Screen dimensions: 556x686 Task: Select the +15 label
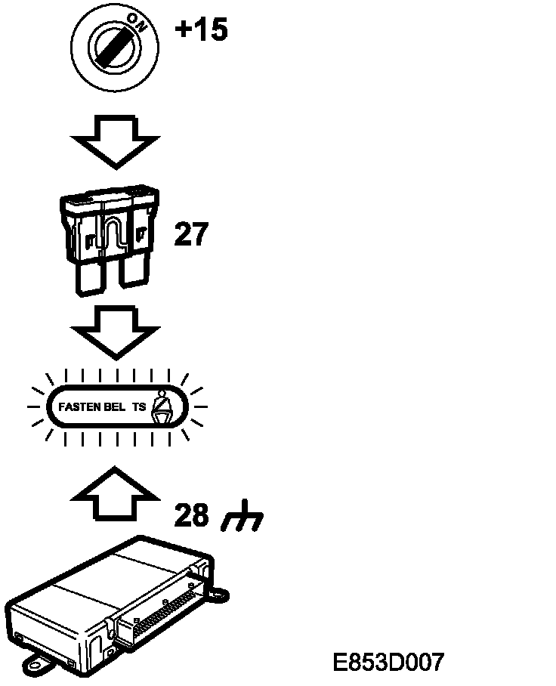201,31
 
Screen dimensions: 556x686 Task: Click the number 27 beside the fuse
190,235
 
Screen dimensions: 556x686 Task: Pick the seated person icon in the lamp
163,406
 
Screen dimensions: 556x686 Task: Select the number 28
191,515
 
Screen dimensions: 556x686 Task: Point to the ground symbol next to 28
242,518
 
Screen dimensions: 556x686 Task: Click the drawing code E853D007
388,663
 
